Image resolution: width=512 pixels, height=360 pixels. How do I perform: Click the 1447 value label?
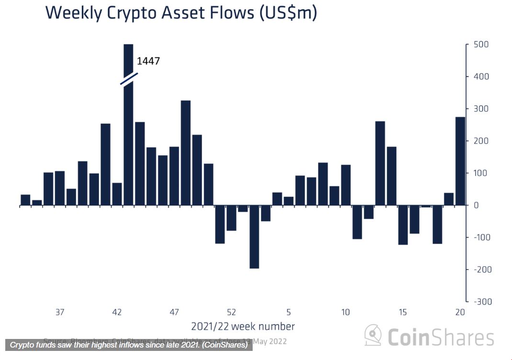click(148, 61)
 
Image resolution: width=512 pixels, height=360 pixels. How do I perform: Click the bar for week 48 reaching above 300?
click(186, 153)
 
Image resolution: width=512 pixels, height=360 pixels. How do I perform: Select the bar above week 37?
click(59, 188)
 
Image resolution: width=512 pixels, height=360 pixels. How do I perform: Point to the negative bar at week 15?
click(403, 225)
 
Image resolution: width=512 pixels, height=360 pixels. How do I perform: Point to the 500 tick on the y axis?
click(481, 44)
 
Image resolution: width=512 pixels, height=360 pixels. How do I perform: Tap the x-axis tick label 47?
click(174, 312)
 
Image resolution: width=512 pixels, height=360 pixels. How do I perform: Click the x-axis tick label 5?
click(289, 312)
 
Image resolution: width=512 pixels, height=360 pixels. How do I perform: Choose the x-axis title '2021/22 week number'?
click(243, 327)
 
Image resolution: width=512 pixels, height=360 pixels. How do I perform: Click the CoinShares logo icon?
click(373, 336)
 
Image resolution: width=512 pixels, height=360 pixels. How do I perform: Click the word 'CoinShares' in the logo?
click(440, 337)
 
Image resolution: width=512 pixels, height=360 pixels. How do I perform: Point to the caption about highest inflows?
click(129, 345)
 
